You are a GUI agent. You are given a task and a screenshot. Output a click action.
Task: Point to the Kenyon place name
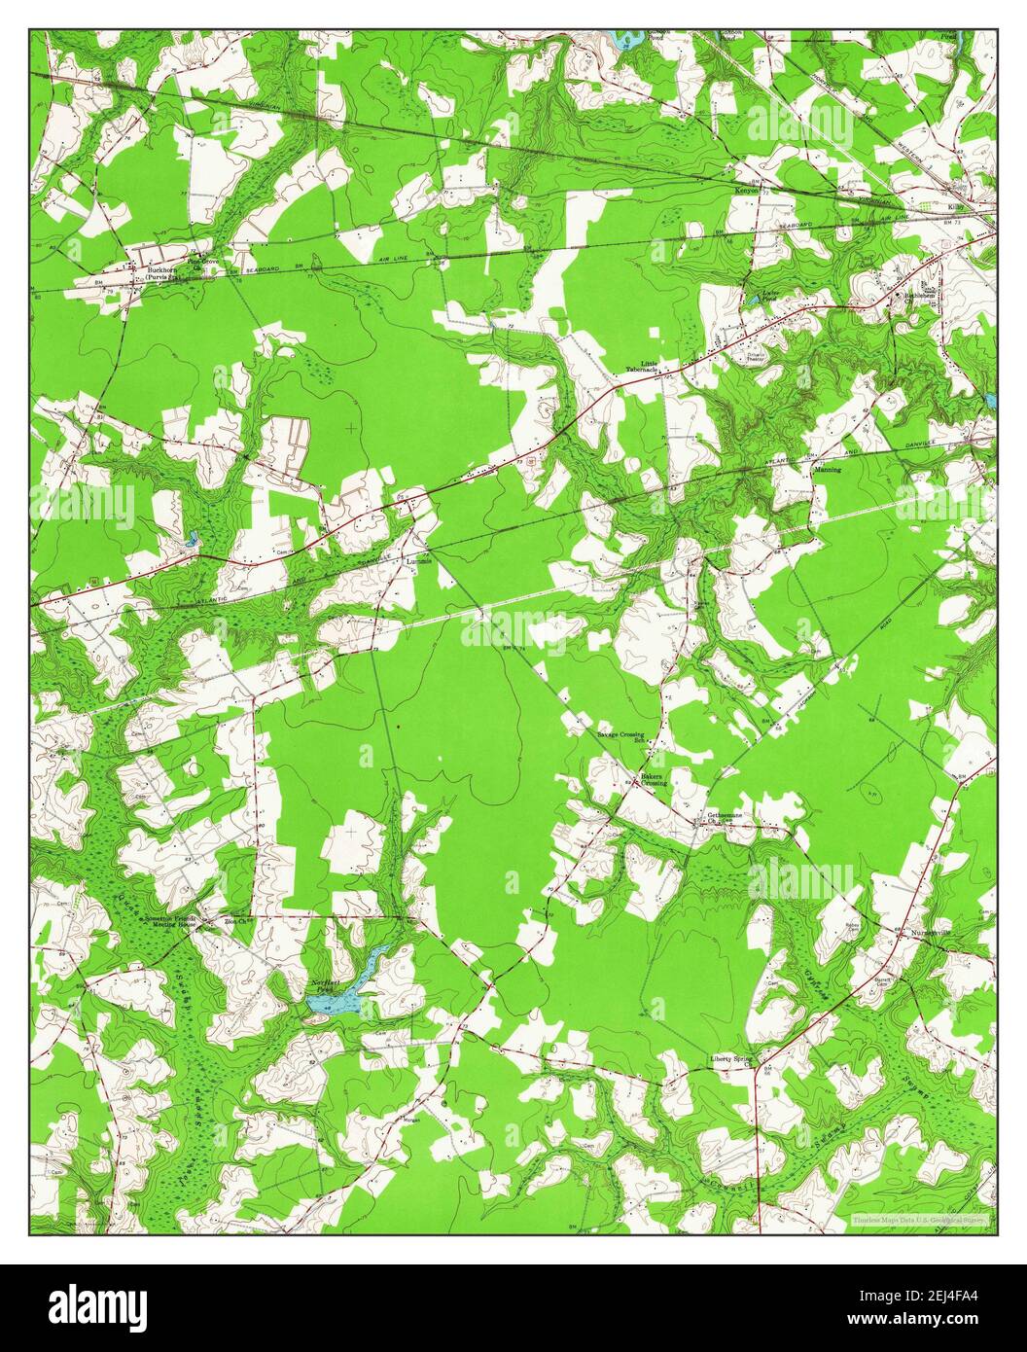pos(746,192)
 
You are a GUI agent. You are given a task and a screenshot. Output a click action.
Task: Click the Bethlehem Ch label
pos(918,295)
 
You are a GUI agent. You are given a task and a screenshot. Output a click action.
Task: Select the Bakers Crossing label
pos(653,779)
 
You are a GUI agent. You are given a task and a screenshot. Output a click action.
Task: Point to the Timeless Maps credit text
pos(919,1220)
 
